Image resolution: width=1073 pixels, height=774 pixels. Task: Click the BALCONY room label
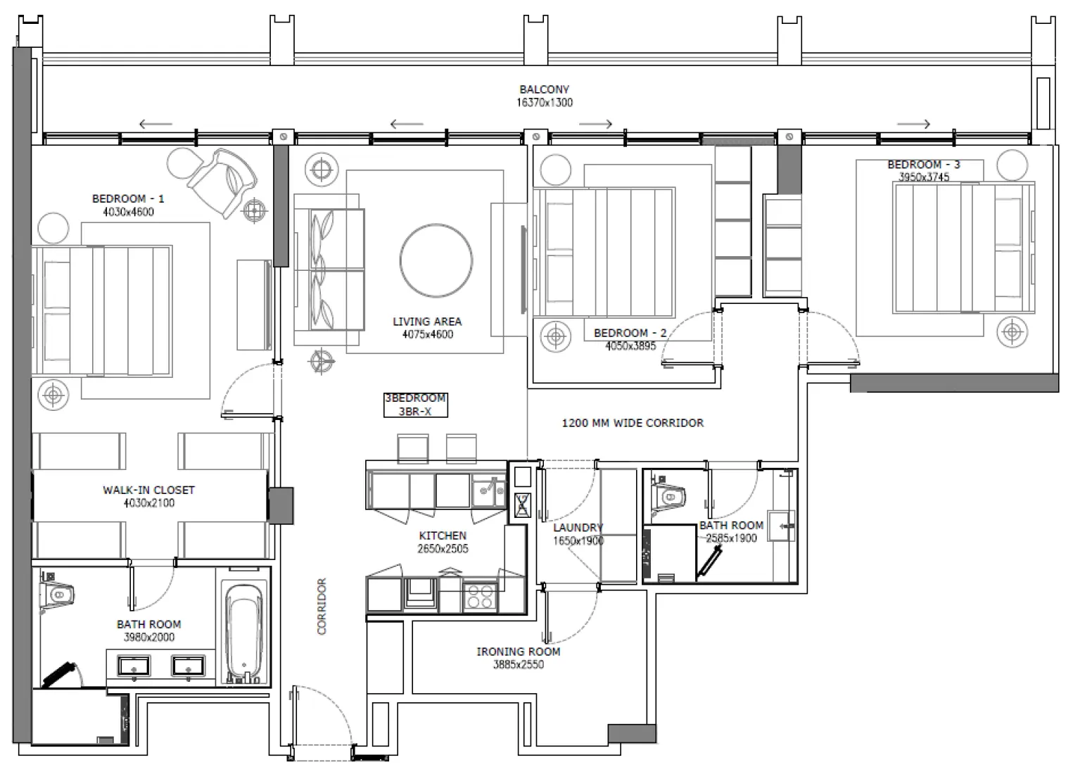coord(544,89)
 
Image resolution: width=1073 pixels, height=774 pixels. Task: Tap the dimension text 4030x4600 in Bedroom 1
coord(128,212)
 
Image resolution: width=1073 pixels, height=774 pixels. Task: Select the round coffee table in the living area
coord(436,260)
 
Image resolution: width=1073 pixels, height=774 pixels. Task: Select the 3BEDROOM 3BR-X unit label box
coord(415,405)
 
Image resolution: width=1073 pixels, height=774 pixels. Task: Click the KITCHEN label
coord(443,535)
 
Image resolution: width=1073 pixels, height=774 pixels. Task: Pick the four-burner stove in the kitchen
coord(480,597)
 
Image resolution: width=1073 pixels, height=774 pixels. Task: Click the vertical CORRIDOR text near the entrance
coord(322,606)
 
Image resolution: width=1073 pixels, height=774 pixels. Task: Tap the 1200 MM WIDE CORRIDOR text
coord(632,423)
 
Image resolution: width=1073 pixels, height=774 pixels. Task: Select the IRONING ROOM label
coord(519,652)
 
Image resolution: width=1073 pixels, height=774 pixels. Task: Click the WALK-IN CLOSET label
coord(148,490)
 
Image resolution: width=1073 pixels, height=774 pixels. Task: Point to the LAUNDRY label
coord(578,528)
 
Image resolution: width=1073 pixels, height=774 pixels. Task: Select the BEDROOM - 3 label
coord(923,165)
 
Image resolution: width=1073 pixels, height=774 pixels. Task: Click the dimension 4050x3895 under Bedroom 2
coord(630,345)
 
